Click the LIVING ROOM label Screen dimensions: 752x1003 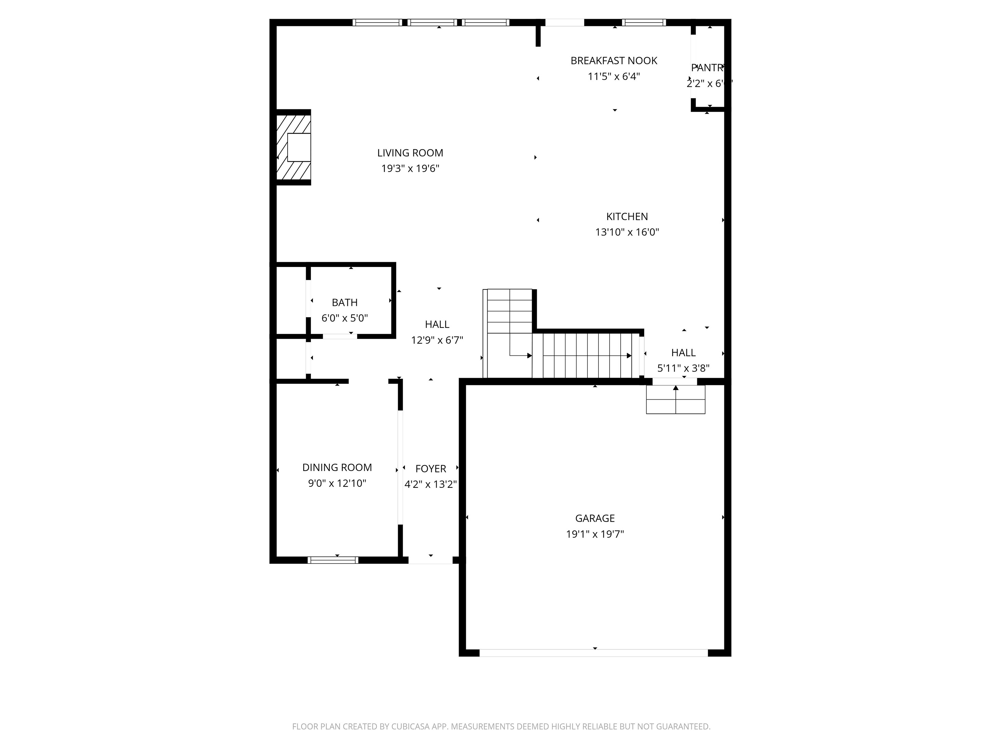[410, 153]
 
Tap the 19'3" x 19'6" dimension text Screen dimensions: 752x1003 [410, 169]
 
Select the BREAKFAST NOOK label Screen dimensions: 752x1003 [613, 61]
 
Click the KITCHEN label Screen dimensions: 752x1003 [626, 217]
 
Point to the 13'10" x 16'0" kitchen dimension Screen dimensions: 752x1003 [626, 232]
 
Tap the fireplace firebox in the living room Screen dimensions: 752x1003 [299, 147]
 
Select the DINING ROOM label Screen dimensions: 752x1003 [337, 467]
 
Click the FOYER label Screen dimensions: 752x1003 [430, 469]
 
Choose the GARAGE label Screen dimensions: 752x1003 [594, 518]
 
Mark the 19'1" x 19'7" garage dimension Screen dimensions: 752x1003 [594, 534]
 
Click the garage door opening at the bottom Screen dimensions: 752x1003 [594, 653]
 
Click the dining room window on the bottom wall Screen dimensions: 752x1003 [333, 560]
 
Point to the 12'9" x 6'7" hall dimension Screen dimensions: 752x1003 [437, 340]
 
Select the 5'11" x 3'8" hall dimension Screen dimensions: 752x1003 [683, 368]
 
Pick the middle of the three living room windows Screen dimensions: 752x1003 [432, 23]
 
